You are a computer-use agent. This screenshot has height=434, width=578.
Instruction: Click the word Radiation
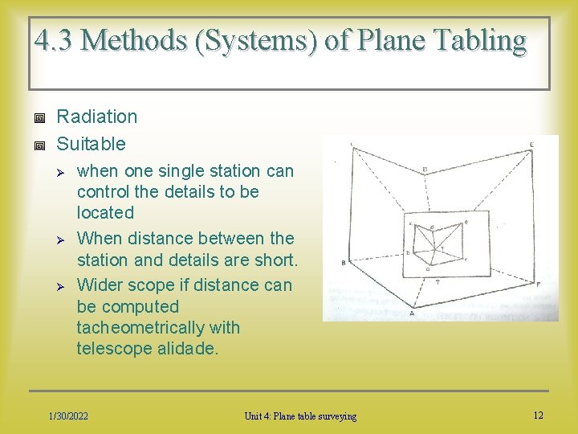(x=97, y=117)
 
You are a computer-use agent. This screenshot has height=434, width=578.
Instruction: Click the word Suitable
(x=92, y=144)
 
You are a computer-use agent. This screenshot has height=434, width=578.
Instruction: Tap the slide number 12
(x=538, y=415)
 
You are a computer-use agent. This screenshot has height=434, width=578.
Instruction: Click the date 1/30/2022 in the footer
(x=68, y=416)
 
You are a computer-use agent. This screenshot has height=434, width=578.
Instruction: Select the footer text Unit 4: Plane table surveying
(x=301, y=416)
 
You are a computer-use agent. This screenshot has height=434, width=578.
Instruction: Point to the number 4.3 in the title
(x=53, y=39)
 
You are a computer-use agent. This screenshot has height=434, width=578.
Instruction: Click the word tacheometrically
(x=158, y=328)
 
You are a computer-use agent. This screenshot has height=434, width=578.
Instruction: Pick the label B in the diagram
(x=343, y=263)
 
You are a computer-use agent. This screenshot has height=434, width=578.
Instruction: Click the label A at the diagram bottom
(x=412, y=313)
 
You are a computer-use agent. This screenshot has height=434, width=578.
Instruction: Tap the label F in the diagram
(x=538, y=285)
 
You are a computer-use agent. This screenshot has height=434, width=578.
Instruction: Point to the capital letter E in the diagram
(x=531, y=145)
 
